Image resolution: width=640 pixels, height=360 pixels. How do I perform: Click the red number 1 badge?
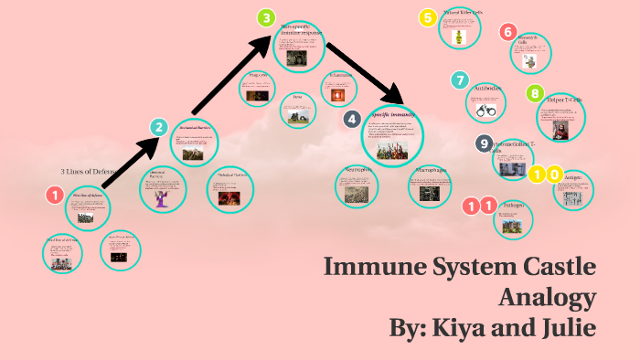55,195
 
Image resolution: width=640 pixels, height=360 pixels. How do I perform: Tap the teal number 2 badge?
159,128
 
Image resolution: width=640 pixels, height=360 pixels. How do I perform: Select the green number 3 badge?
266,18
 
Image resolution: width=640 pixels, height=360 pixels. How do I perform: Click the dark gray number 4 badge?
351,119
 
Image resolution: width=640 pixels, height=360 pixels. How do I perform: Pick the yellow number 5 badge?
427,17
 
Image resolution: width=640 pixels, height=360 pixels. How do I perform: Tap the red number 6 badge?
508,32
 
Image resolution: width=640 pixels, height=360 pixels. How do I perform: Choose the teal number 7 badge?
460,80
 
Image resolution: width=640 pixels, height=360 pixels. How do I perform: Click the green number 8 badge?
535,93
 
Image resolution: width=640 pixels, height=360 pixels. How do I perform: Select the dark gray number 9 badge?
485,143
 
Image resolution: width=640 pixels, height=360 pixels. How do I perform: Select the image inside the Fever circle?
298,116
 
